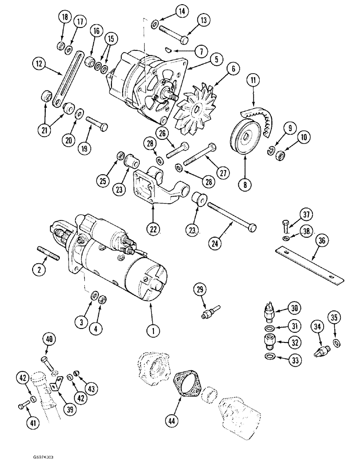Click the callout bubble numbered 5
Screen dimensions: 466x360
coord(202,60)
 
